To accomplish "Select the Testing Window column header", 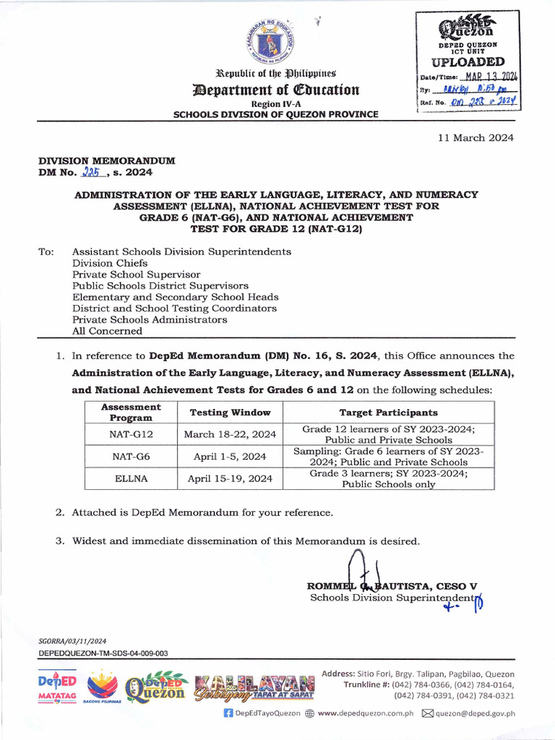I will (x=230, y=413).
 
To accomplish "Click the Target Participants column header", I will (x=388, y=413).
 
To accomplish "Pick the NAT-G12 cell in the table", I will (x=132, y=434).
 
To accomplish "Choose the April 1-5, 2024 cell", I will (x=230, y=457).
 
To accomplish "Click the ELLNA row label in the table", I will (x=132, y=478).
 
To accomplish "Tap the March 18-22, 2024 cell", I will (x=230, y=434).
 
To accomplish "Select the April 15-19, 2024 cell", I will (x=230, y=478).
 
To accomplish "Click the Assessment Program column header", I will (x=132, y=413).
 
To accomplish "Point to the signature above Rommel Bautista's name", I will (x=357, y=567).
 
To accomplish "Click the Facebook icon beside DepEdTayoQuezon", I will (x=228, y=713).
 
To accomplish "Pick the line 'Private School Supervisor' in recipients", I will (x=136, y=275).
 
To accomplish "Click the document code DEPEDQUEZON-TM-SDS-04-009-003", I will (x=103, y=653).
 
